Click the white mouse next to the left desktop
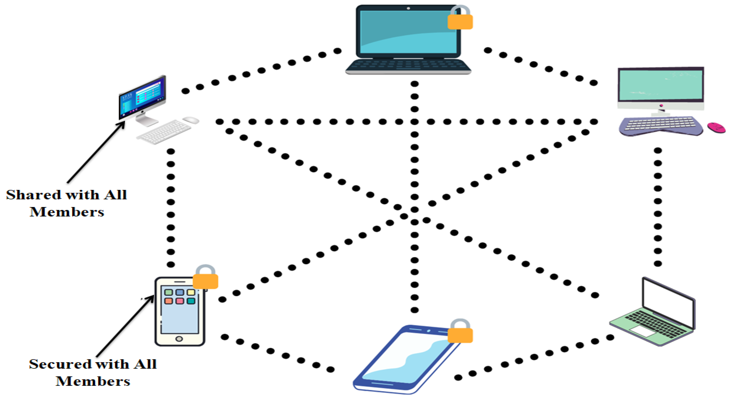pos(191,120)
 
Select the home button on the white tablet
pos(179,339)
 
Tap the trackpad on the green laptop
pos(642,331)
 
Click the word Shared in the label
pos(33,195)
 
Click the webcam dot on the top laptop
pos(408,8)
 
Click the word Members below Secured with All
pos(93,381)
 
